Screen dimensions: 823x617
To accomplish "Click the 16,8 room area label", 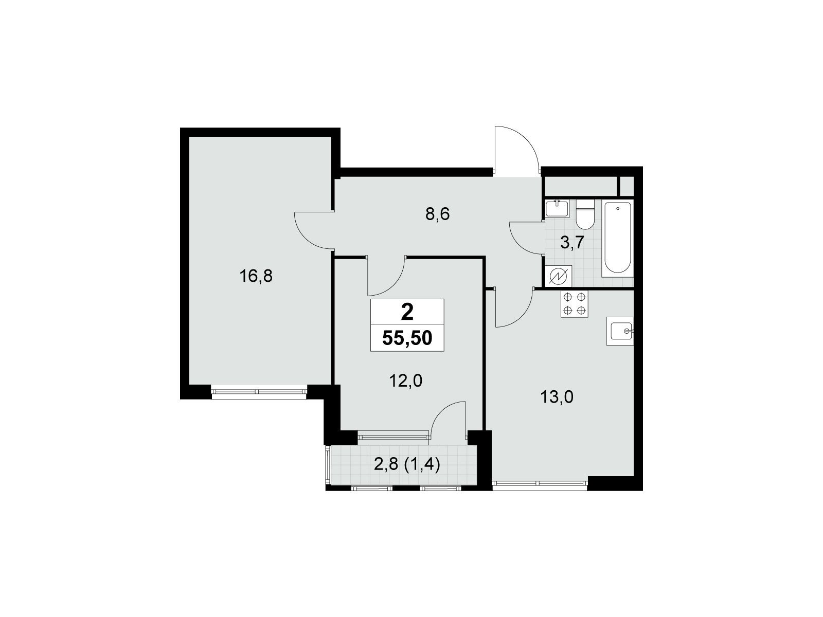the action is (256, 277).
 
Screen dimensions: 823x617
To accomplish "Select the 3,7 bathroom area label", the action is (572, 243).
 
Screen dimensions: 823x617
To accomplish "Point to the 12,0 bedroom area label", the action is (406, 381).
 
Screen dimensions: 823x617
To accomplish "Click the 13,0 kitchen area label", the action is (557, 397).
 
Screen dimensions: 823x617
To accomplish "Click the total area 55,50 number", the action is (407, 338).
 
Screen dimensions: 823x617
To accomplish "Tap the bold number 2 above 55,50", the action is (407, 312).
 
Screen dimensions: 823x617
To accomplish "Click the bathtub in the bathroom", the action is (617, 238).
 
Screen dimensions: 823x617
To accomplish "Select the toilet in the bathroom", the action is (585, 214).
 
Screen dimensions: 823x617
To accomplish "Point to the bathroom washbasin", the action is (557, 208).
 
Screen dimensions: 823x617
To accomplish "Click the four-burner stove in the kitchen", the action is (575, 303).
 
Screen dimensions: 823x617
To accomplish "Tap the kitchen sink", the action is (620, 331).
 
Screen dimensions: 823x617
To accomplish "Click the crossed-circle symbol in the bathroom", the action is (559, 277).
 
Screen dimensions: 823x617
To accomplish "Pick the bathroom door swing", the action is (526, 239).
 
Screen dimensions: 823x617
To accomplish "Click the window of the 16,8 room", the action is (259, 391).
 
